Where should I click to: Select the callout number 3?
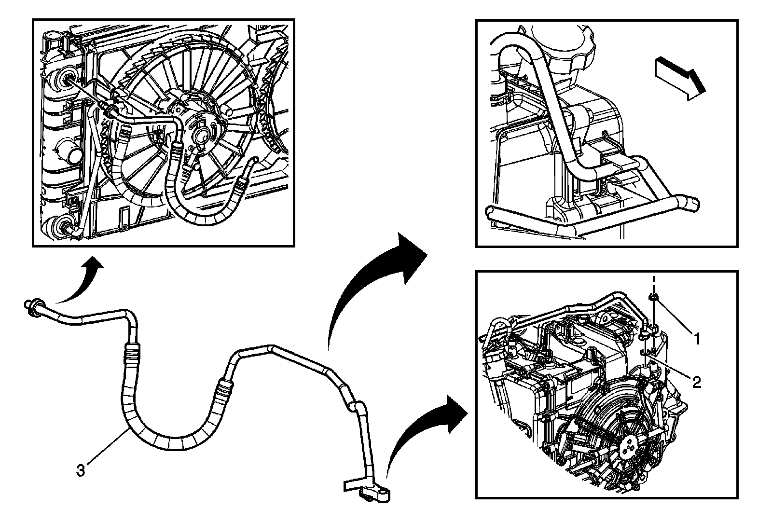click(x=81, y=470)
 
